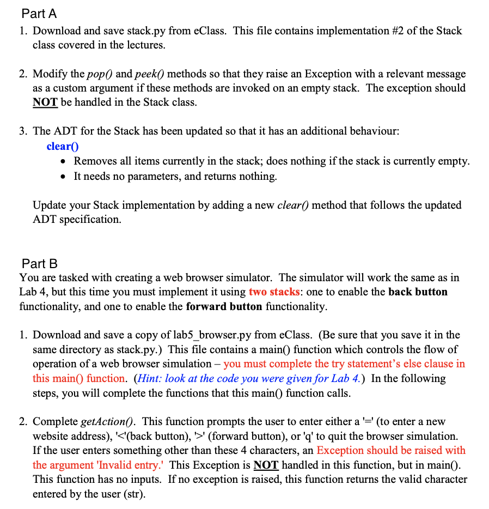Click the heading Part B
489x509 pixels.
click(x=39, y=264)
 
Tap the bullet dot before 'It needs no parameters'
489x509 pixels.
click(x=65, y=176)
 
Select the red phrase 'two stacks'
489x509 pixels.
click(x=274, y=292)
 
